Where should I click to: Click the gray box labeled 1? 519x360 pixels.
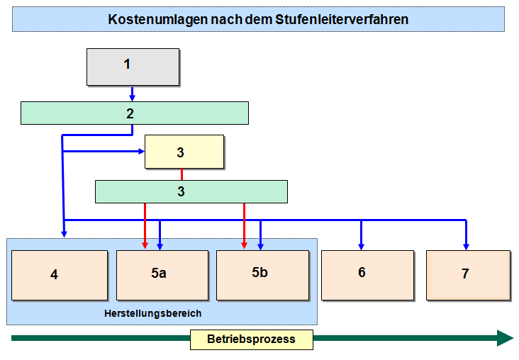tap(133, 67)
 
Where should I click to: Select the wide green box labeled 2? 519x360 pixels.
tap(135, 113)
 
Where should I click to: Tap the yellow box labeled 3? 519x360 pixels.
tap(184, 152)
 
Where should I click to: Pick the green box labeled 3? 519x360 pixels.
tap(191, 191)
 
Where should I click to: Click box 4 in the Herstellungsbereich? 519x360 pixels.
tap(60, 275)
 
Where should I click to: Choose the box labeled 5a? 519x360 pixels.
tap(162, 275)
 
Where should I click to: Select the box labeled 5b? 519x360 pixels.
tap(263, 275)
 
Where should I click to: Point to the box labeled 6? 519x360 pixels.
tap(368, 275)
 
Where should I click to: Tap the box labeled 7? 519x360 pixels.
tap(469, 275)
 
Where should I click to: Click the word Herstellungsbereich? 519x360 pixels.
tap(153, 313)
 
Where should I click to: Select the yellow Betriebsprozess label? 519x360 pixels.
tap(252, 339)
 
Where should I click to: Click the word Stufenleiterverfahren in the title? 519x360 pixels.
tap(342, 19)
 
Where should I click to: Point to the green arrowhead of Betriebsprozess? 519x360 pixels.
tap(505, 338)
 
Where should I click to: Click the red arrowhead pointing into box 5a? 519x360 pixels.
tap(145, 245)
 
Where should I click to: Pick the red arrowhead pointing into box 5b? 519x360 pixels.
tap(245, 245)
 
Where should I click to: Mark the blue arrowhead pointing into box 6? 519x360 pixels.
tap(362, 247)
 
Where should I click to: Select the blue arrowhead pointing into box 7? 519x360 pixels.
tap(466, 247)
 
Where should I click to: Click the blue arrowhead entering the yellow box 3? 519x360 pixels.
tap(141, 151)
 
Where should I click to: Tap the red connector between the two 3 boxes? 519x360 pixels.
tap(182, 174)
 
